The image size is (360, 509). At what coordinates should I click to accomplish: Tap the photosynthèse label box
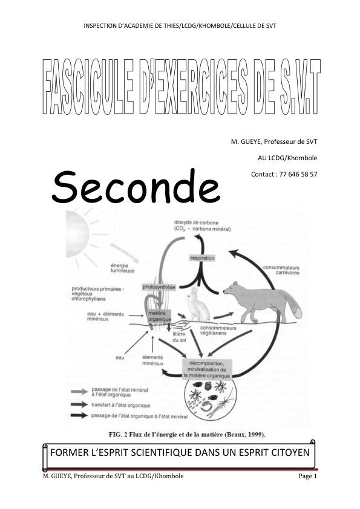point(159,287)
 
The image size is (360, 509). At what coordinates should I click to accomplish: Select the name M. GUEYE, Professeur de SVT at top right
point(274,141)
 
